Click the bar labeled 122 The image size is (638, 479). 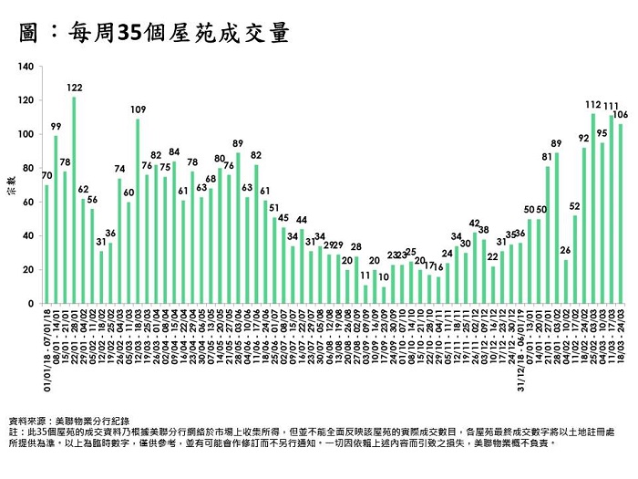(x=74, y=200)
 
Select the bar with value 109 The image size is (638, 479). (x=138, y=211)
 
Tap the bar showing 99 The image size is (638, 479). (x=56, y=219)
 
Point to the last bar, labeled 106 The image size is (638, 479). (x=621, y=213)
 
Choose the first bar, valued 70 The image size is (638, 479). (x=46, y=244)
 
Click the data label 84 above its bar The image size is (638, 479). (x=174, y=151)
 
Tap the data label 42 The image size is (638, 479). (x=475, y=223)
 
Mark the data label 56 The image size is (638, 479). (x=92, y=199)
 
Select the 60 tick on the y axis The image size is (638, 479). (x=29, y=202)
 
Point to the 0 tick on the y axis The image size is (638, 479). (x=32, y=303)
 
